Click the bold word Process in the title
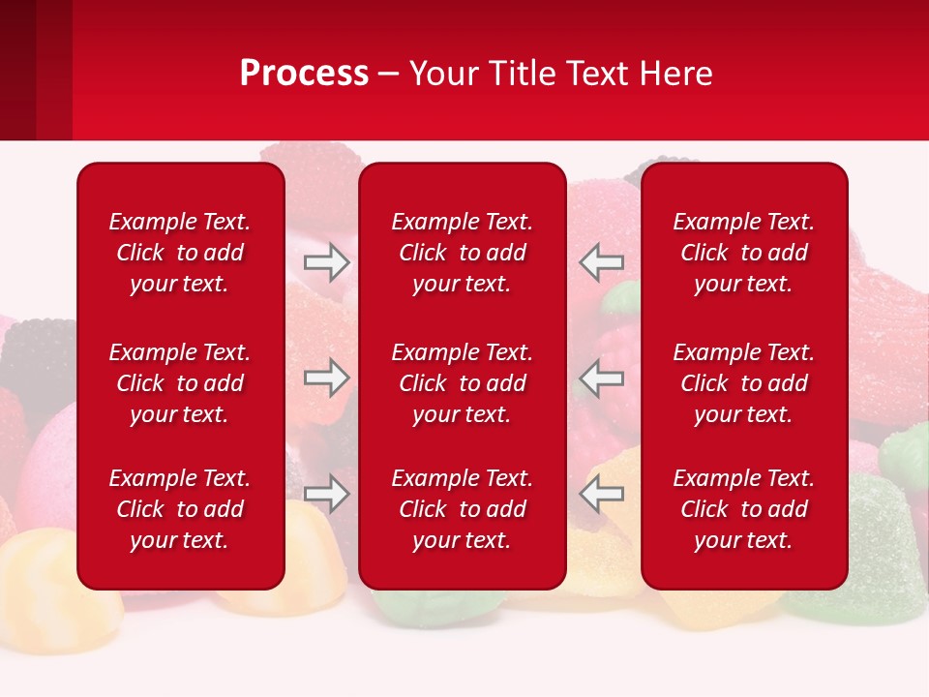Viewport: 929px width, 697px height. pyautogui.click(x=304, y=74)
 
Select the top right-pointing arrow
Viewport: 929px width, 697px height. pyautogui.click(x=327, y=262)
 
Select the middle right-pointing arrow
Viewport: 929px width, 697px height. pyautogui.click(x=327, y=379)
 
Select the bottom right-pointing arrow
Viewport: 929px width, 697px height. pyautogui.click(x=327, y=494)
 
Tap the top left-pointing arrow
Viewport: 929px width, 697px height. pyautogui.click(x=601, y=261)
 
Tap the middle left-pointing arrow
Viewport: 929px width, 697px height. pyautogui.click(x=601, y=379)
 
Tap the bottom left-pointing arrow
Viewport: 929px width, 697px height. pyautogui.click(x=601, y=494)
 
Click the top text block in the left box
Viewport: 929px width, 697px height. pyautogui.click(x=180, y=253)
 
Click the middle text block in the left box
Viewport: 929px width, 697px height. pyautogui.click(x=180, y=383)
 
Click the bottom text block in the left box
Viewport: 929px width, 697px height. pyautogui.click(x=180, y=509)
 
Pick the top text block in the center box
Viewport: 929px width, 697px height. pyautogui.click(x=462, y=253)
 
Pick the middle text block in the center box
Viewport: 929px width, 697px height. pyautogui.click(x=462, y=383)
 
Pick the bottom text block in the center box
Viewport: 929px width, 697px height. pyautogui.click(x=462, y=509)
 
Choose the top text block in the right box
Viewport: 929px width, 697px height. pyautogui.click(x=743, y=253)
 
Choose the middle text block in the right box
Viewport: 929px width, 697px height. pyautogui.click(x=743, y=383)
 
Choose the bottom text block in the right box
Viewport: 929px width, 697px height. pyautogui.click(x=743, y=509)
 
